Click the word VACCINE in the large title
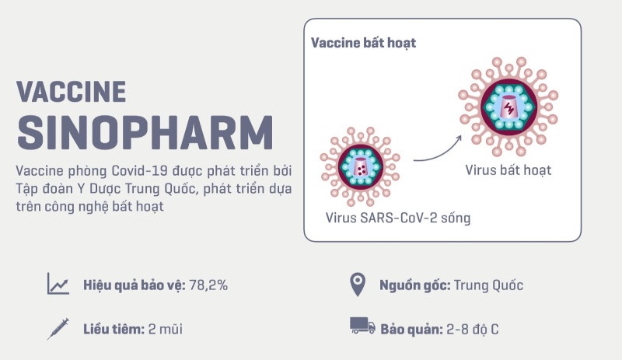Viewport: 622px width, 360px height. [71, 91]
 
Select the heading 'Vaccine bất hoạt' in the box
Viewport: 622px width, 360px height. [364, 43]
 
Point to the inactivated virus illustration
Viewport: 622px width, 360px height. [510, 107]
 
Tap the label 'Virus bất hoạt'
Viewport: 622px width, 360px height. [508, 169]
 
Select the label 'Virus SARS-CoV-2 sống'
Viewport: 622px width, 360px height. [398, 218]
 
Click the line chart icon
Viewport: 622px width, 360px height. [58, 285]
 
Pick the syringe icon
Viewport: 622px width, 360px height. [58, 328]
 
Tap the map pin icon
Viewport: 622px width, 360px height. [357, 285]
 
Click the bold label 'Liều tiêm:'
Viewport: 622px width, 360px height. [114, 329]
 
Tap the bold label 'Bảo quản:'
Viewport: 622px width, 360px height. [411, 329]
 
